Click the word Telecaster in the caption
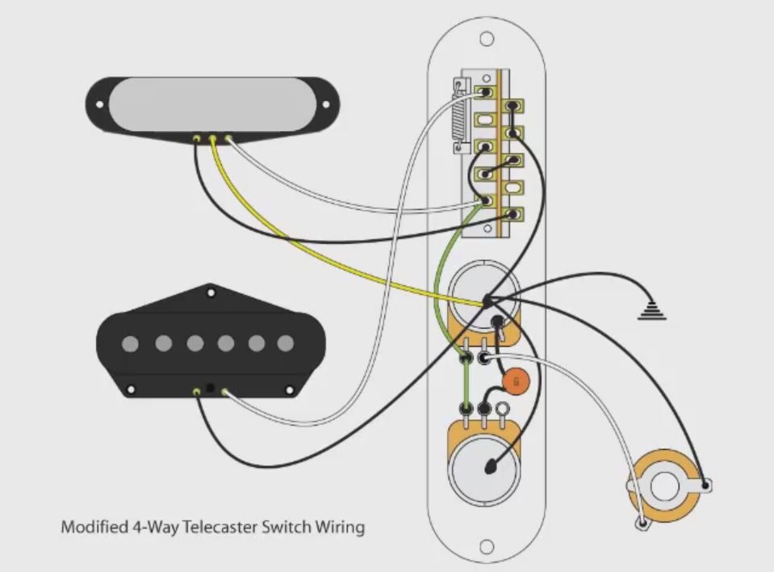219,528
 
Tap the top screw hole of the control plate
487,39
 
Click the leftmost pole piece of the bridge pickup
130,343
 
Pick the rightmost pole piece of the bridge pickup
285,343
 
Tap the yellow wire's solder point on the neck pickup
213,139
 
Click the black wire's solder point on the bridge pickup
198,393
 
